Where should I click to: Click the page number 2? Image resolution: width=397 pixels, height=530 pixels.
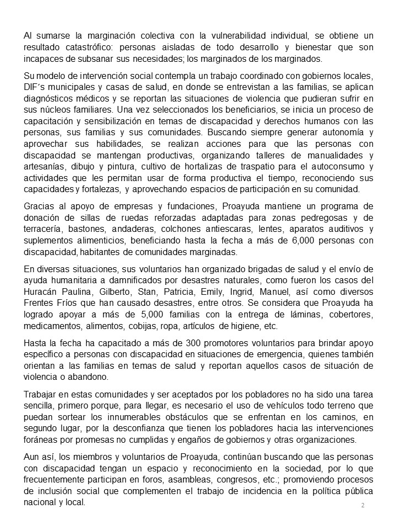pyautogui.click(x=363, y=505)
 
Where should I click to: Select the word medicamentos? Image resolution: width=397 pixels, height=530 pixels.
pyautogui.click(x=54, y=326)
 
